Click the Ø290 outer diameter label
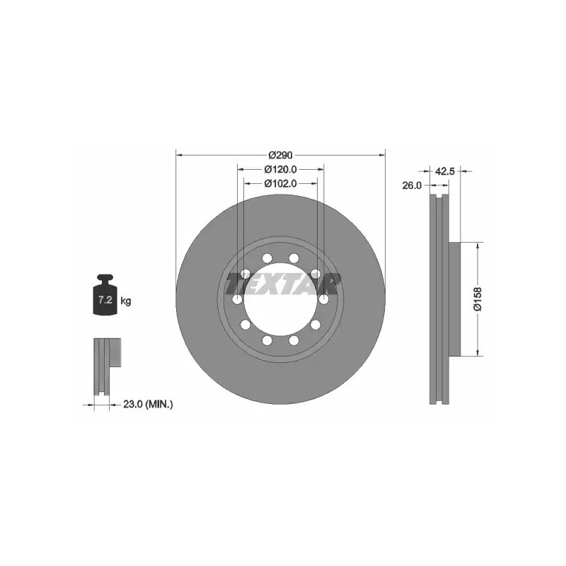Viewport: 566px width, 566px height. pos(280,155)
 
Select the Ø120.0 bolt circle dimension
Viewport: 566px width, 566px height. pos(280,169)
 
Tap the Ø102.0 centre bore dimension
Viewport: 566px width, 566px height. pos(280,183)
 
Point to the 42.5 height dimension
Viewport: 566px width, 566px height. pos(445,171)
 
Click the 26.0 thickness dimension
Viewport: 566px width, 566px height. pos(412,185)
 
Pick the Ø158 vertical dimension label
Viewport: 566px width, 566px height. pos(478,299)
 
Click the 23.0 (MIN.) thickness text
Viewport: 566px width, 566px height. pos(148,405)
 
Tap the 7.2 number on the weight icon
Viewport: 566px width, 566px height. pos(105,299)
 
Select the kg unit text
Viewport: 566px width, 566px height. pos(126,300)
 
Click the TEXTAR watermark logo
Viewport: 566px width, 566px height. pos(282,284)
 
